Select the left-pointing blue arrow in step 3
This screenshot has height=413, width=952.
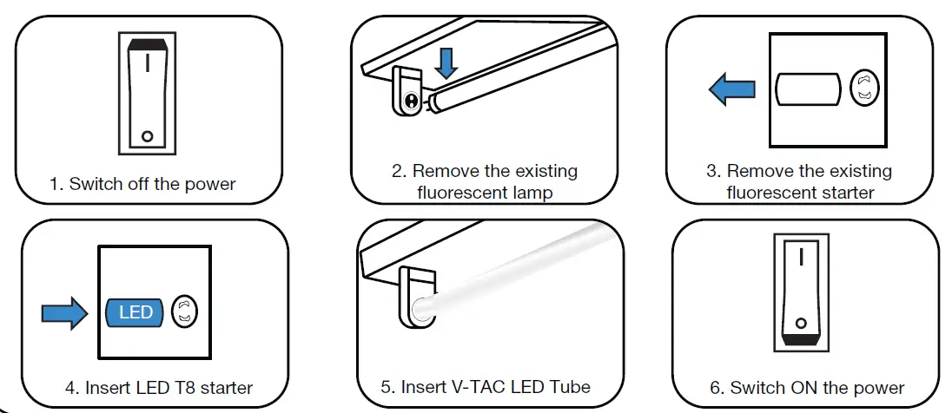click(x=730, y=89)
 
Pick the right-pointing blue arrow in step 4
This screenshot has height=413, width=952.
click(x=64, y=312)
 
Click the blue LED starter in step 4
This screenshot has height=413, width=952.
click(x=136, y=312)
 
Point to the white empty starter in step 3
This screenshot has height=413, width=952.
click(x=808, y=89)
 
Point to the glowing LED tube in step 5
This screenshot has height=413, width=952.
click(x=512, y=265)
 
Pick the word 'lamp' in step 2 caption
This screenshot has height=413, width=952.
click(x=532, y=192)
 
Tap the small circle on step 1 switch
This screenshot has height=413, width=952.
click(x=148, y=136)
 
